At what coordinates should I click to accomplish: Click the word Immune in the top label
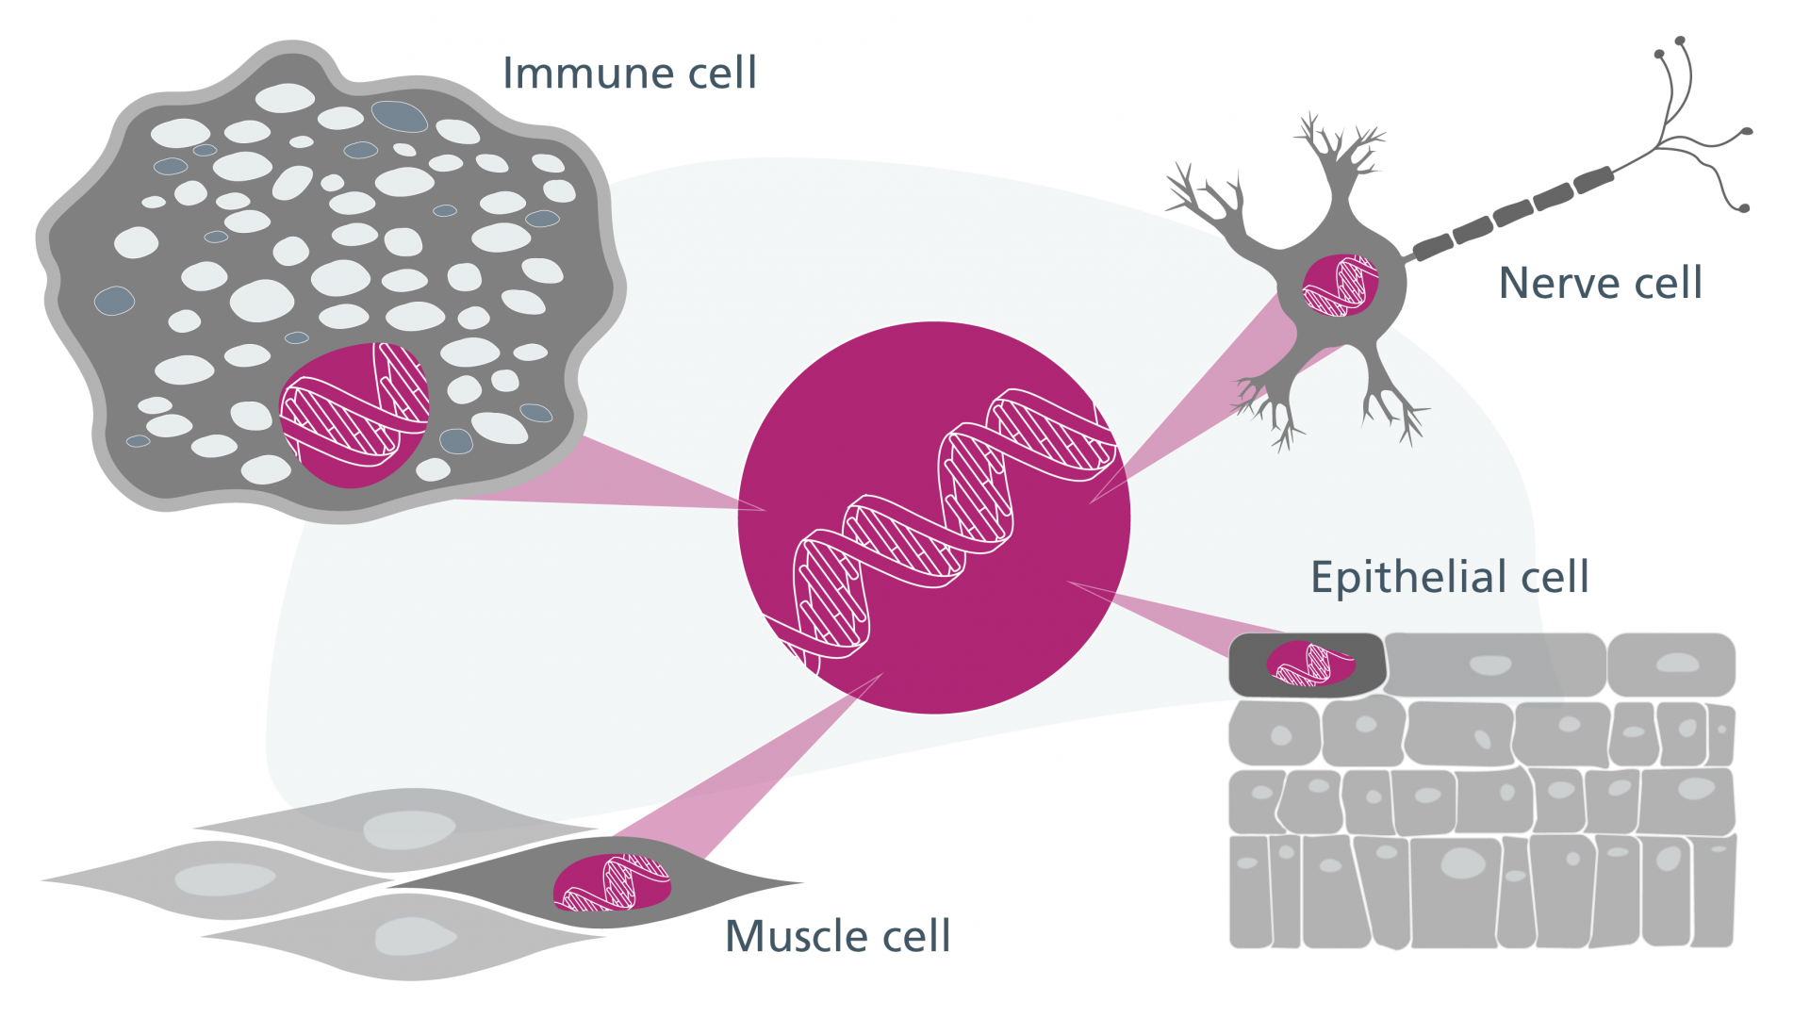pyautogui.click(x=588, y=73)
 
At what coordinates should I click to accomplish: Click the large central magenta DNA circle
pyautogui.click(x=933, y=517)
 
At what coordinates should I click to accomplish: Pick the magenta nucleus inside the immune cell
pyautogui.click(x=354, y=416)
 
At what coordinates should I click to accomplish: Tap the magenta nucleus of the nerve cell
pyautogui.click(x=1340, y=285)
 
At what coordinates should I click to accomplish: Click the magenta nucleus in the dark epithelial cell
pyautogui.click(x=1311, y=664)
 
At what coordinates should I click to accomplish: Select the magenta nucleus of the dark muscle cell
pyautogui.click(x=613, y=883)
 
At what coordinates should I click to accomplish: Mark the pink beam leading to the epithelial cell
pyautogui.click(x=1178, y=617)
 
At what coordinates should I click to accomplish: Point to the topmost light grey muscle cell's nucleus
pyautogui.click(x=409, y=830)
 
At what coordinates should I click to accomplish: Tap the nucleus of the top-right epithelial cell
pyautogui.click(x=1678, y=663)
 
